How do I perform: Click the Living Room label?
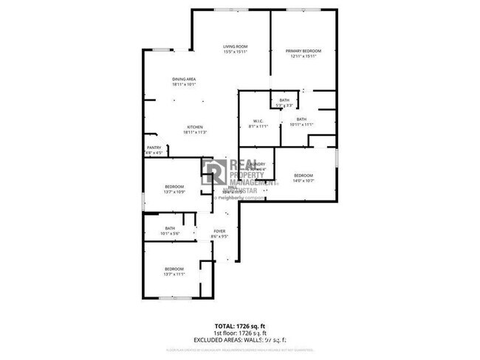(x=235, y=46)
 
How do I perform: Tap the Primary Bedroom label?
(x=302, y=50)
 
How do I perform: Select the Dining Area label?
(x=184, y=79)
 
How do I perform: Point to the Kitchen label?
(x=194, y=127)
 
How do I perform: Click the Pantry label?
(x=154, y=148)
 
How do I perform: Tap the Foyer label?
(x=219, y=232)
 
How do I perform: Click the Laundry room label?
(x=258, y=165)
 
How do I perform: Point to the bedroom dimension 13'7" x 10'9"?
(x=174, y=192)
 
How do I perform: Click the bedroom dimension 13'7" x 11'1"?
(x=174, y=274)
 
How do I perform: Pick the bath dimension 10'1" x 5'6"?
(x=170, y=234)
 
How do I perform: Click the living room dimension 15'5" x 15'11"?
(x=235, y=52)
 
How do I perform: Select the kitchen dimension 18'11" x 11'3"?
(x=196, y=132)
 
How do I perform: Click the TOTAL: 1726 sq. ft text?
(x=239, y=325)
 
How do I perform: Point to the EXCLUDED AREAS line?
(x=239, y=339)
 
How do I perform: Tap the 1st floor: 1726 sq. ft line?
(x=239, y=333)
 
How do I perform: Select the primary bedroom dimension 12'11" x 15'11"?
(x=302, y=56)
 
